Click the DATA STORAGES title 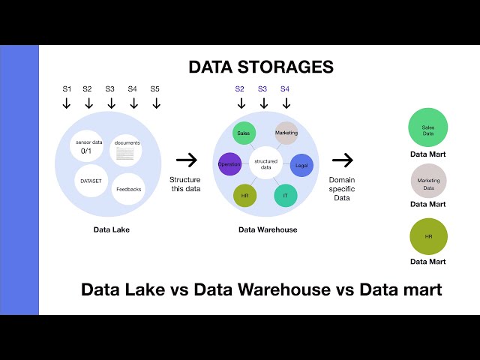coord(261,67)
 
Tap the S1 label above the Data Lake coord(67,89)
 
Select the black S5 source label coord(154,89)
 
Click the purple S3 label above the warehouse coord(262,89)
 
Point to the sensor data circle coord(88,145)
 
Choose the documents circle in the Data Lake coord(126,148)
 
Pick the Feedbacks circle coord(127,189)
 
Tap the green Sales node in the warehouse coord(243,133)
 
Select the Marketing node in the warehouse coord(286,133)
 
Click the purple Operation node coord(229,163)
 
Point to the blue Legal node coord(301,165)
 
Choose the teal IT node coord(285,195)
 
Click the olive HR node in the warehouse coord(245,195)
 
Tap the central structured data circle coord(265,165)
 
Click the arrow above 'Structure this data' coord(187,160)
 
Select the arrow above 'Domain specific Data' coord(342,160)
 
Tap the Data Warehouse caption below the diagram coord(268,229)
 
